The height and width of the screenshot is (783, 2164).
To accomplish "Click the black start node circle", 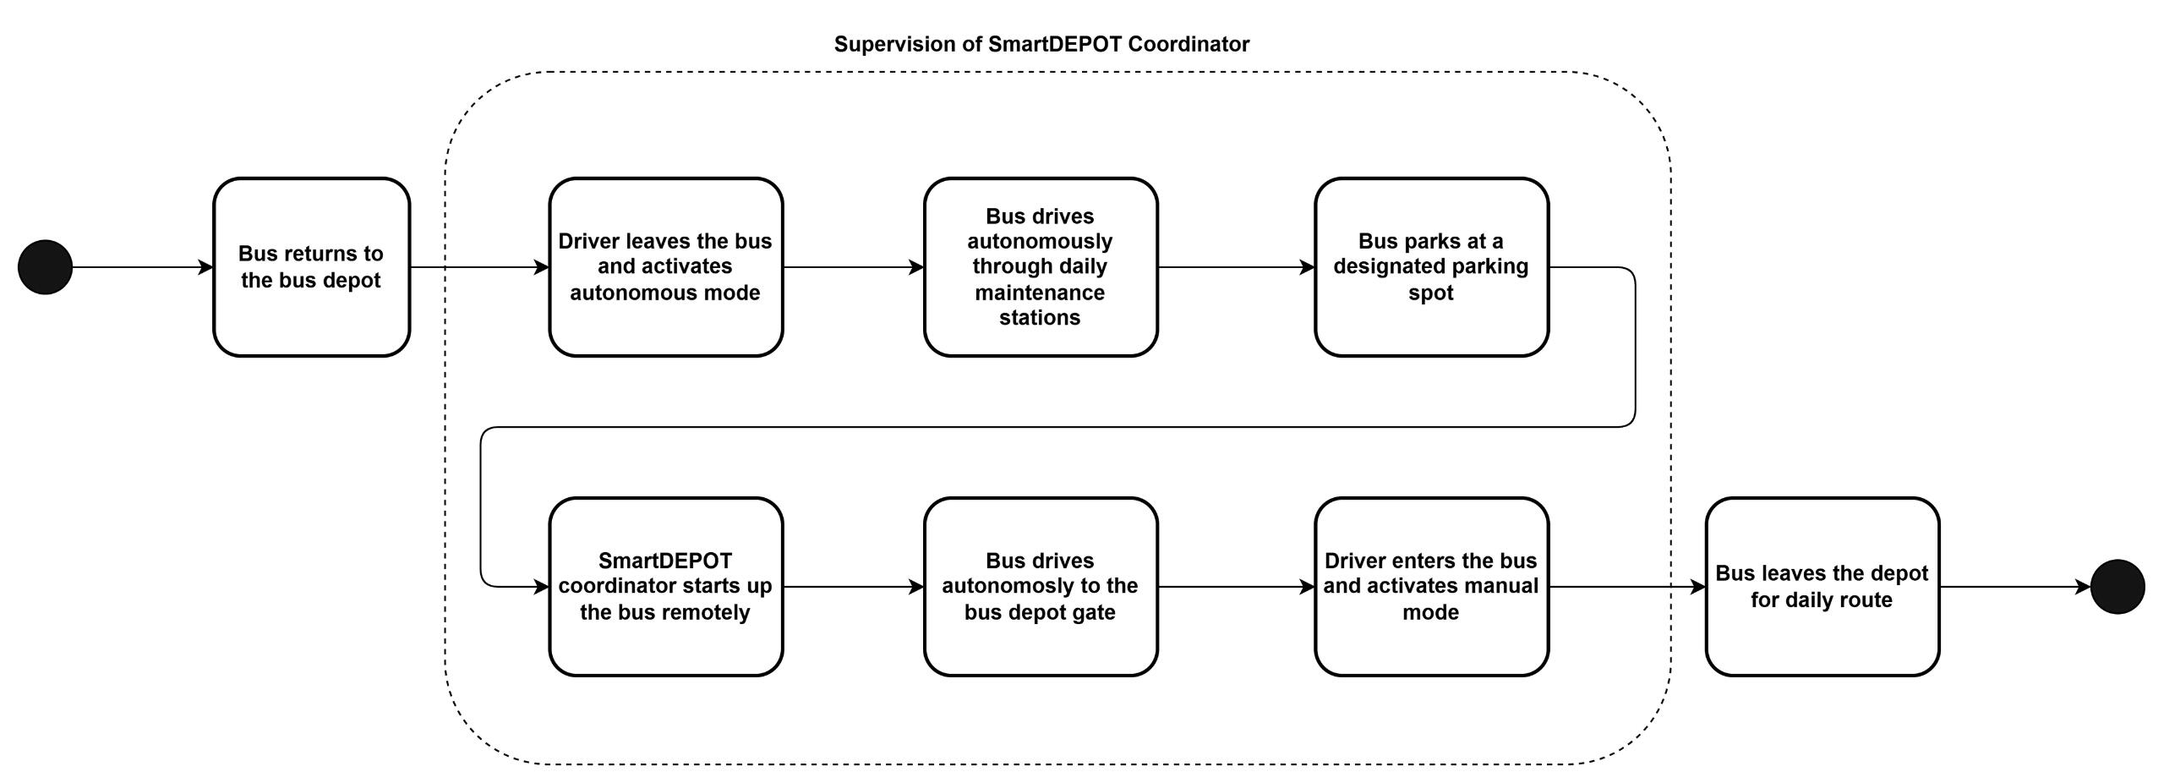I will [45, 267].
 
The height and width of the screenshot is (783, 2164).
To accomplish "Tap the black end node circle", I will [2117, 587].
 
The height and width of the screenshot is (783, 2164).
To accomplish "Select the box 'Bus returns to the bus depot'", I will [311, 267].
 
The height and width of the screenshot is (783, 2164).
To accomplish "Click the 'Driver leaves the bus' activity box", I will [665, 267].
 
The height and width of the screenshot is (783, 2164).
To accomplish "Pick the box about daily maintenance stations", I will [1040, 267].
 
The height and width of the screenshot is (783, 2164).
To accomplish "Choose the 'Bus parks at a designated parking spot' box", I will [1430, 267].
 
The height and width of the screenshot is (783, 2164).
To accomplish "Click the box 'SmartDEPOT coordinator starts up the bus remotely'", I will [665, 587].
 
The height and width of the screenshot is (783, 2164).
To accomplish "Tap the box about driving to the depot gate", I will [1040, 587].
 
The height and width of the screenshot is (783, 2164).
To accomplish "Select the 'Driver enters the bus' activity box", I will [1430, 587].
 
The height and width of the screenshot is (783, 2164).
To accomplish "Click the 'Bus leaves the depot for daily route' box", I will [1822, 587].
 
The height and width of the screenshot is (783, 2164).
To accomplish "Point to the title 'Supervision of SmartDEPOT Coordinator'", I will [1041, 44].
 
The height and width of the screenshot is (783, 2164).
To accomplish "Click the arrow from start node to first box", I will [142, 267].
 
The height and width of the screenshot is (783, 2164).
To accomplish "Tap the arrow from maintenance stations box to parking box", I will [1236, 267].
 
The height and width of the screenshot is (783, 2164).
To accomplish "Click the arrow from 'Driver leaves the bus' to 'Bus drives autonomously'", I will [853, 267].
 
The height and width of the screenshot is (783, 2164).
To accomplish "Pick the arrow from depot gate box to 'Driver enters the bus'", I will [1236, 587].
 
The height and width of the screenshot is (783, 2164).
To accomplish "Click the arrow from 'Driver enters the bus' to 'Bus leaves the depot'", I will [1626, 587].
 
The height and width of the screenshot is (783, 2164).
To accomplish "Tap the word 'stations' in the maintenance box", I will [1040, 318].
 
